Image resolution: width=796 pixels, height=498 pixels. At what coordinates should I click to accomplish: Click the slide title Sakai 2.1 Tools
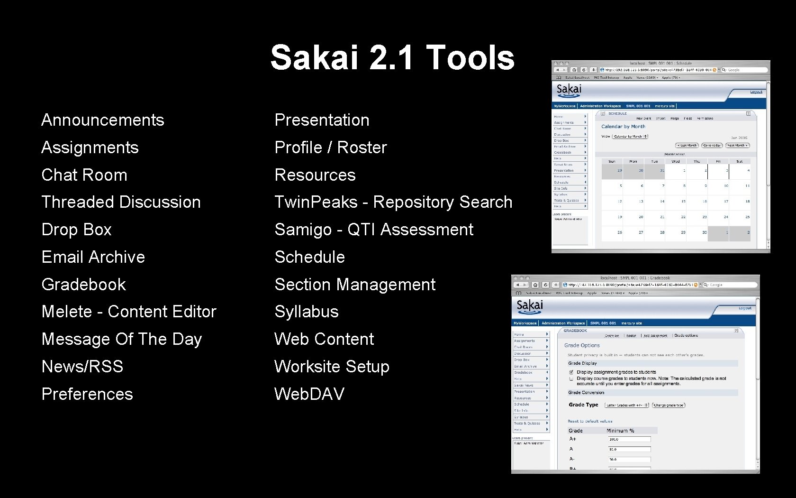click(x=392, y=57)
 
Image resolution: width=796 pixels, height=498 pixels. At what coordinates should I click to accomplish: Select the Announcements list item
click(x=102, y=120)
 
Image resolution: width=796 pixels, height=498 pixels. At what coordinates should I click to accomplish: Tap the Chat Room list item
click(x=84, y=175)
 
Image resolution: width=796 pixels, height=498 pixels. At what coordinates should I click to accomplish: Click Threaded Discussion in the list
click(x=121, y=202)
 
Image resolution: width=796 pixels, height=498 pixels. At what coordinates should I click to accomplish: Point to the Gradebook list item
click(x=83, y=285)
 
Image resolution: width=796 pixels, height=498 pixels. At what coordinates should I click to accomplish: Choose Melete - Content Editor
click(x=129, y=312)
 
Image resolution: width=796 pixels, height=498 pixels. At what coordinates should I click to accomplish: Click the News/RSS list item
click(x=82, y=367)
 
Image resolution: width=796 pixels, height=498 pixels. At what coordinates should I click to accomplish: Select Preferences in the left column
click(x=87, y=394)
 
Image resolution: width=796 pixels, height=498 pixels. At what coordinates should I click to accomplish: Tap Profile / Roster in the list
click(x=331, y=148)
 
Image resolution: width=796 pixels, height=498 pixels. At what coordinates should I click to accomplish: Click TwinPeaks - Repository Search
click(x=393, y=202)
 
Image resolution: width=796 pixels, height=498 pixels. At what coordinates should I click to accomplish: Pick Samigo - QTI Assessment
click(x=374, y=230)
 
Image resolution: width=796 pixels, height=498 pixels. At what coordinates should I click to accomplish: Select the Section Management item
click(x=355, y=285)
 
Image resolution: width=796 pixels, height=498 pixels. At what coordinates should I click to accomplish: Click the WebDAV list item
click(x=309, y=394)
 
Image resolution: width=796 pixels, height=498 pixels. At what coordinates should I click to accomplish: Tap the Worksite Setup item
click(x=332, y=367)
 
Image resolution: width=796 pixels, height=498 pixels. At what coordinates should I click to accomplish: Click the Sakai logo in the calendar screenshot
click(x=569, y=90)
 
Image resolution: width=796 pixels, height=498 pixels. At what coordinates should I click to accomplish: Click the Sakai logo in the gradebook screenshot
click(x=529, y=306)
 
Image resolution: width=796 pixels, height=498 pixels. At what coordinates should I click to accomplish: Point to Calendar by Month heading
click(x=623, y=127)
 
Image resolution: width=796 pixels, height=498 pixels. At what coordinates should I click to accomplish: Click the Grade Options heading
click(x=582, y=345)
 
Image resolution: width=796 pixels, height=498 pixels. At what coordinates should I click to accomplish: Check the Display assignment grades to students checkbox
click(x=571, y=372)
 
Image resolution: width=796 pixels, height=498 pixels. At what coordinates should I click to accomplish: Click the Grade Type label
click(x=583, y=405)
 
